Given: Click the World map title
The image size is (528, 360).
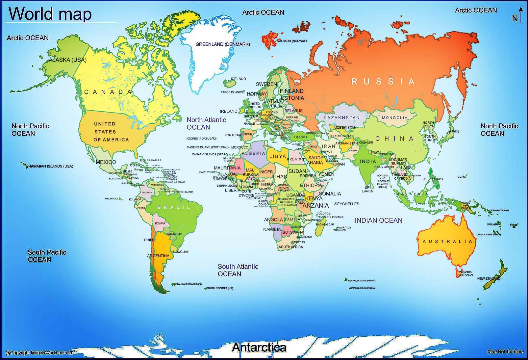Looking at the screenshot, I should tap(50, 14).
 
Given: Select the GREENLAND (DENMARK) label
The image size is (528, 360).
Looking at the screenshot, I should tap(223, 44).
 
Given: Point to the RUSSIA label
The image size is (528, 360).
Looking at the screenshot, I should tap(383, 81).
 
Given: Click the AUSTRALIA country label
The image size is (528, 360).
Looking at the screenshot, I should tap(447, 242).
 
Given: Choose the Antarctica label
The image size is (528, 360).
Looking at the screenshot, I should tap(259, 347).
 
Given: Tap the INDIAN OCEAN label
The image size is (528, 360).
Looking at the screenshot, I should tap(378, 220).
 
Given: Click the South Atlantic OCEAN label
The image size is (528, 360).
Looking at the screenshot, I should tap(238, 270).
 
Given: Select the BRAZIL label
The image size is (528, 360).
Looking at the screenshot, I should tap(174, 207).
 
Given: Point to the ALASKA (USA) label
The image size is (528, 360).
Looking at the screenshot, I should tap(67, 60).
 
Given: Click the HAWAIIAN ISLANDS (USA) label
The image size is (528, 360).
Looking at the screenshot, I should tap(51, 166).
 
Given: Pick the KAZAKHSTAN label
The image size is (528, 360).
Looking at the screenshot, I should tap(341, 117).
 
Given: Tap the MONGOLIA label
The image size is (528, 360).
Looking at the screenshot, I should tap(395, 117).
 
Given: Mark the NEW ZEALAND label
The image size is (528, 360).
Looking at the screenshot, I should tap(489, 279).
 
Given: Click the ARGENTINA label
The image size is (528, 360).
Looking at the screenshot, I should tap(158, 256).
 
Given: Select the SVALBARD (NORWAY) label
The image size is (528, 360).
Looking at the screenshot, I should tap(291, 41).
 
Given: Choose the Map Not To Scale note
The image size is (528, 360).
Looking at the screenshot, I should tap(505, 351).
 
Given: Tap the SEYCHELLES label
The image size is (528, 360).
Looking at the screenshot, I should tap(347, 204).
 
